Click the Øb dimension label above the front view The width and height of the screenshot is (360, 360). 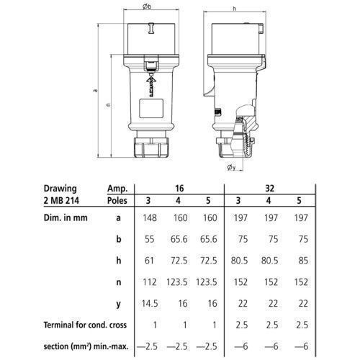(147, 6)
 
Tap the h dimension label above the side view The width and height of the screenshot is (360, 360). (235, 9)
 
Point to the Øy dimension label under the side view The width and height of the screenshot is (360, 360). (232, 167)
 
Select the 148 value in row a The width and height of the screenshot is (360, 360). (150, 218)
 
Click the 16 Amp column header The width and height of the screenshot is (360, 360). (179, 189)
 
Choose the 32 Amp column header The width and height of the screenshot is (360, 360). (269, 189)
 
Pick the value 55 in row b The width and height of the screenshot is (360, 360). (150, 239)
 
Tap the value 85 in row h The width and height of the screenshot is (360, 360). (303, 261)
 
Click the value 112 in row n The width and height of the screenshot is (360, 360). (150, 282)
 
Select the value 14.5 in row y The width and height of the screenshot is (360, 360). (150, 304)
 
